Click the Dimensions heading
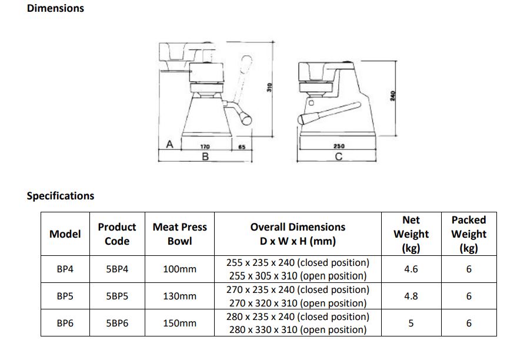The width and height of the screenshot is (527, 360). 55,8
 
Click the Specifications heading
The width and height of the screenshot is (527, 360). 61,196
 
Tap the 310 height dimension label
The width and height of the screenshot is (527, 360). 269,88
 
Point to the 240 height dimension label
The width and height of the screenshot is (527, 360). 392,96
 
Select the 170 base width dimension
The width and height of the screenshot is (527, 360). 205,146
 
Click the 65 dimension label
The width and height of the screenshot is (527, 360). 242,147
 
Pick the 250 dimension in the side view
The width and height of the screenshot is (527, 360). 339,146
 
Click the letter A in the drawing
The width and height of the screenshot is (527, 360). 170,144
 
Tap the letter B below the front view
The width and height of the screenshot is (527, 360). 205,156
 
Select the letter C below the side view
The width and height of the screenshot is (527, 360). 338,156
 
